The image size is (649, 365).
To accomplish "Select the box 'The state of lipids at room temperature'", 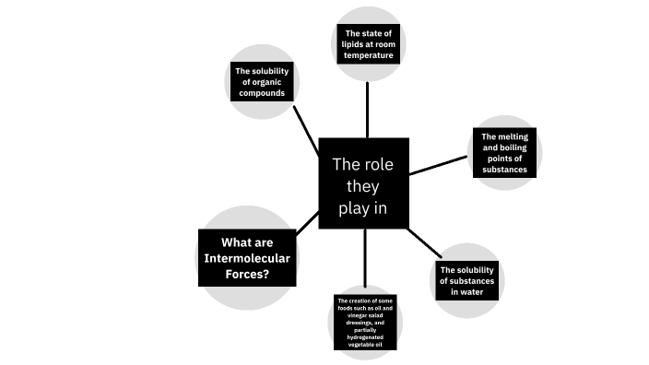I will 369,44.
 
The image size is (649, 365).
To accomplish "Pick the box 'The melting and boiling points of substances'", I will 504,154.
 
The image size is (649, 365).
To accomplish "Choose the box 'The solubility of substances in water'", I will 467,280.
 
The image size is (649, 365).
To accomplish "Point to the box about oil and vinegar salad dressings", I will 366,324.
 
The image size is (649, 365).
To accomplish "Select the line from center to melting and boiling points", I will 438,165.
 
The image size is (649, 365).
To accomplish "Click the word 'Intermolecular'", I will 246,258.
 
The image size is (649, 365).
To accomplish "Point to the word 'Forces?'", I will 246,274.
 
